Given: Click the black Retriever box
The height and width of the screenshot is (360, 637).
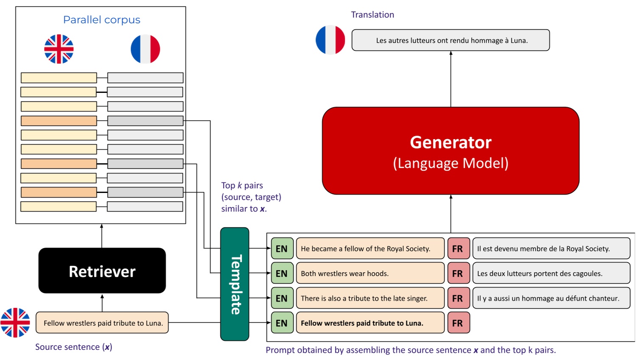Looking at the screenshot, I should pyautogui.click(x=102, y=271).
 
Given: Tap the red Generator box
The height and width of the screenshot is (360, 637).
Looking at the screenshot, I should pyautogui.click(x=450, y=151).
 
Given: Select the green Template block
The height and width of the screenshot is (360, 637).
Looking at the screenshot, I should pyautogui.click(x=235, y=284).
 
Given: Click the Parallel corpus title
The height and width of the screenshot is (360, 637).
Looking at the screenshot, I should pyautogui.click(x=101, y=20).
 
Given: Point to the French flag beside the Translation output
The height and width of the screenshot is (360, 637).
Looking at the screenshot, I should pyautogui.click(x=330, y=40).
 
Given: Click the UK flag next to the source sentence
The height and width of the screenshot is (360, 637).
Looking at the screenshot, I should pyautogui.click(x=15, y=323).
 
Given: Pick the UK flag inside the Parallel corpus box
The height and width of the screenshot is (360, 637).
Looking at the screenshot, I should pyautogui.click(x=59, y=49).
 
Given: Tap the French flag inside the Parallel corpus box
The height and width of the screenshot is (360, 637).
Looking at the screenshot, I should pyautogui.click(x=145, y=49).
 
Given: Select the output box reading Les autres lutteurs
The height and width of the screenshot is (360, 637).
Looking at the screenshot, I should pyautogui.click(x=450, y=40).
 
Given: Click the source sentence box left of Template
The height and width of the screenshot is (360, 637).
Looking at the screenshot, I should pyautogui.click(x=102, y=323).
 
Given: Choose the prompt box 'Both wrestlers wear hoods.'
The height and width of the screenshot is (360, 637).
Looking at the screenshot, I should pyautogui.click(x=370, y=273).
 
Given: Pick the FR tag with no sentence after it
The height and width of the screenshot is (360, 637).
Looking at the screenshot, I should pyautogui.click(x=458, y=323).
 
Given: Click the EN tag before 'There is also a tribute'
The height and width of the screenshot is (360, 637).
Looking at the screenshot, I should pyautogui.click(x=282, y=298).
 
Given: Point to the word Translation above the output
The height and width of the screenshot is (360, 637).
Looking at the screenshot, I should pyautogui.click(x=372, y=15).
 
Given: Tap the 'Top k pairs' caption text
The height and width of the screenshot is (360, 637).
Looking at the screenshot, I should pyautogui.click(x=242, y=185).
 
